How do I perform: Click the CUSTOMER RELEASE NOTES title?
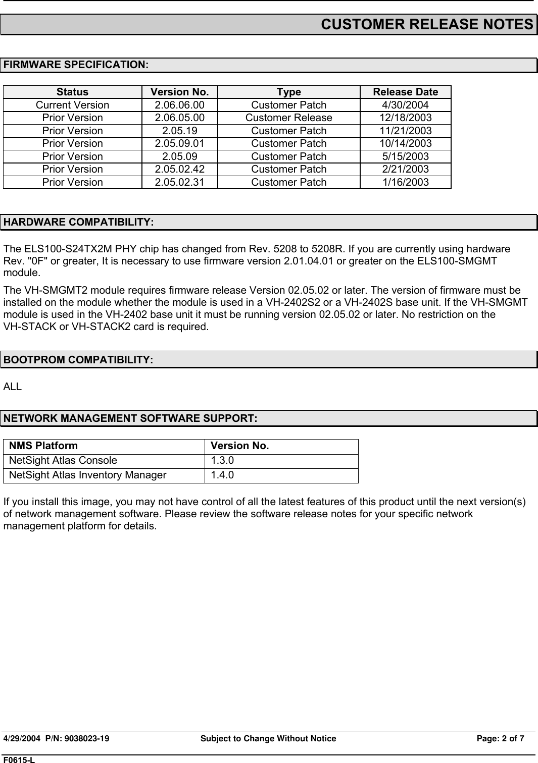[427, 24]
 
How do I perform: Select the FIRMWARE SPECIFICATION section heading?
[76, 65]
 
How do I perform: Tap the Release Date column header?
[405, 92]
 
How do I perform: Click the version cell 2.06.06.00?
[179, 105]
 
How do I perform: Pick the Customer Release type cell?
[288, 118]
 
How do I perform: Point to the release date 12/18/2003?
[405, 118]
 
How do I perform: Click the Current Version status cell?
[72, 105]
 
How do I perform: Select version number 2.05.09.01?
[179, 143]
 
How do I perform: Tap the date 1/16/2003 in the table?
[405, 182]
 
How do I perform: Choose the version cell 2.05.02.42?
[179, 169]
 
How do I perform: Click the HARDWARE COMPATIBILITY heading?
[79, 223]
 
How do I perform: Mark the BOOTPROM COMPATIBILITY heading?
[78, 360]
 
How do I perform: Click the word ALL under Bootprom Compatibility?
[13, 387]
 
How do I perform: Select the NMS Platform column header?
[44, 446]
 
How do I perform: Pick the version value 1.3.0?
[222, 460]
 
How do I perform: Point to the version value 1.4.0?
[222, 475]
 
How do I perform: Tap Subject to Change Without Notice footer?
[268, 739]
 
